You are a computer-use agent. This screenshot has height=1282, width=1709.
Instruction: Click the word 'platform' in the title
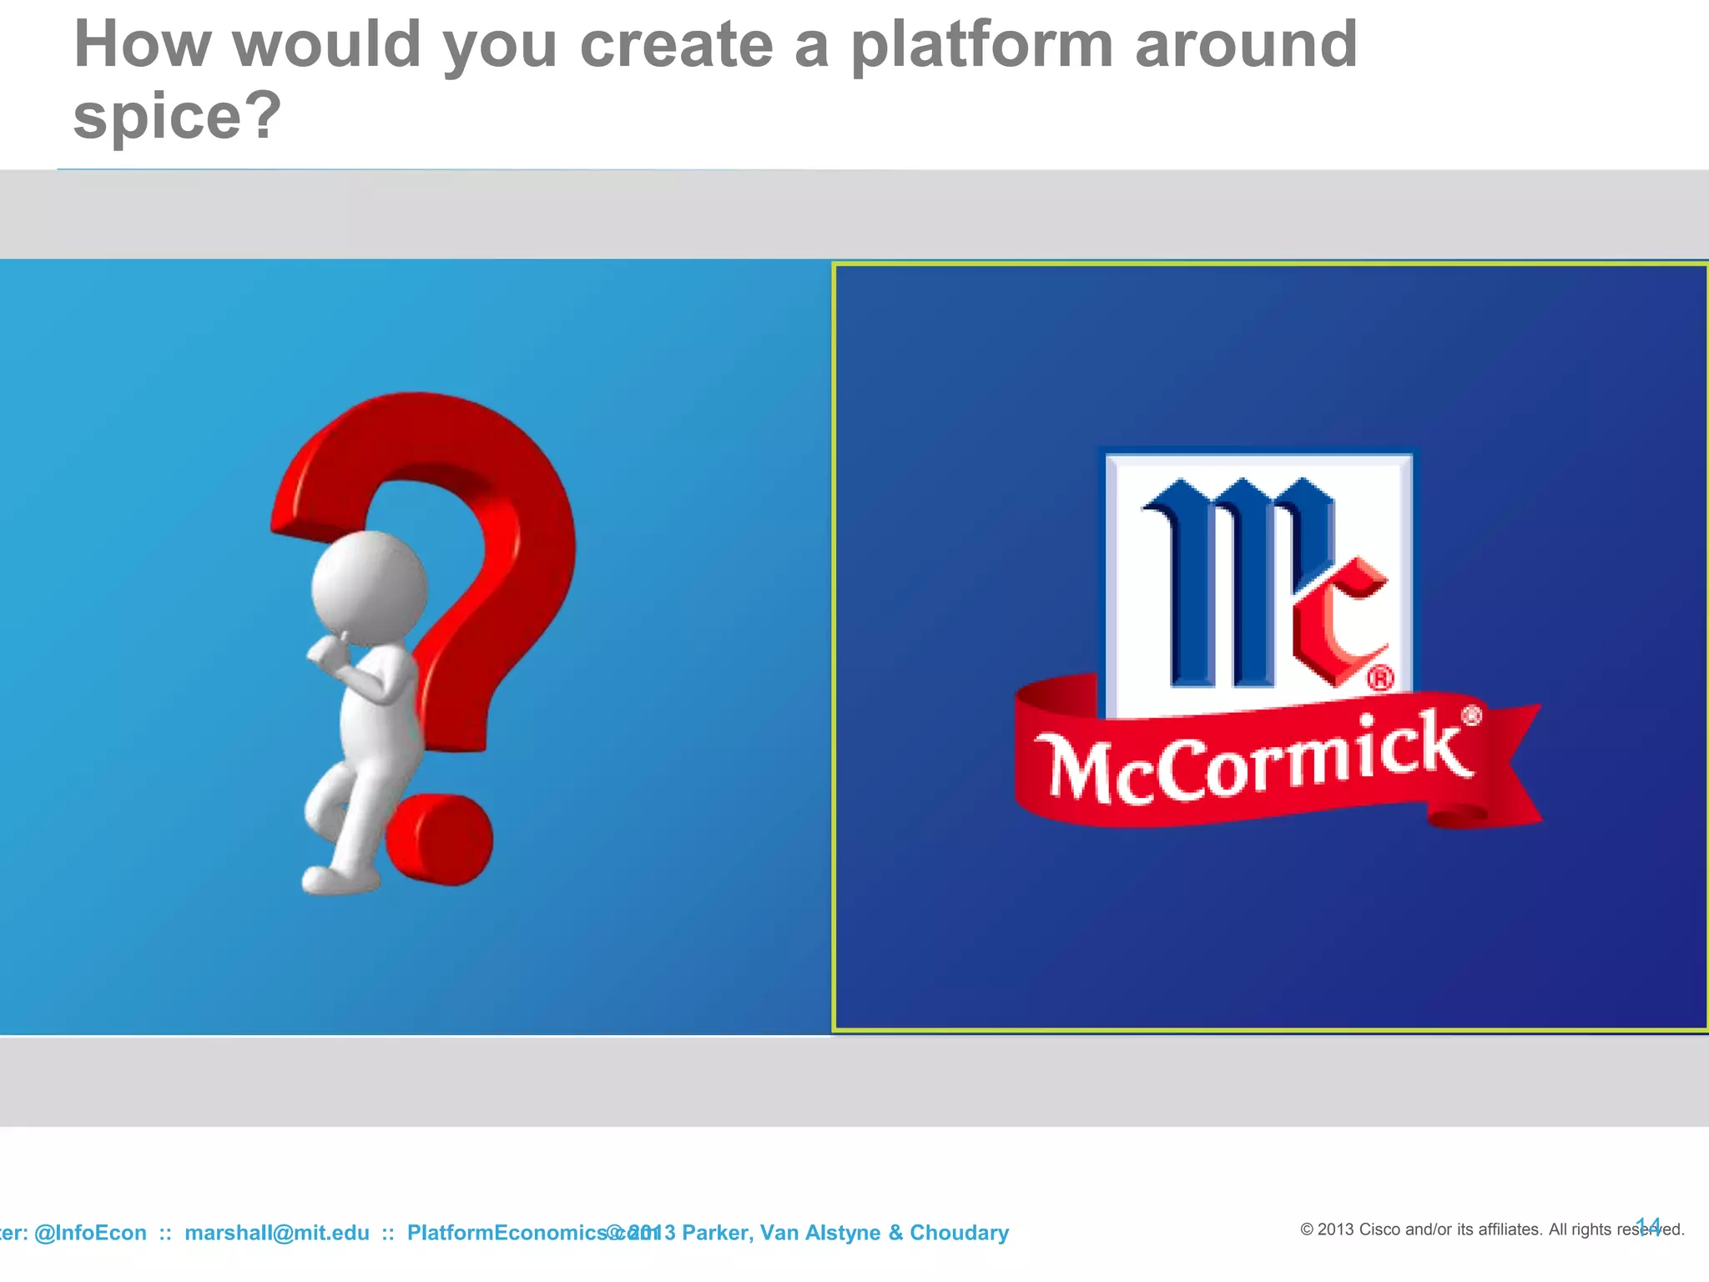[x=981, y=46]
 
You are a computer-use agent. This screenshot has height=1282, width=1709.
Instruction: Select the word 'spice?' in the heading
[x=177, y=116]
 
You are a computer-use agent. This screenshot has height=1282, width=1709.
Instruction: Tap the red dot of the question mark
[x=440, y=839]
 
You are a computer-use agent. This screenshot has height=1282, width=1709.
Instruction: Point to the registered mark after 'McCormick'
[x=1471, y=715]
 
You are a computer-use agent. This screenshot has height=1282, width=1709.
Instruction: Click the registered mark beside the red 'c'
[x=1380, y=678]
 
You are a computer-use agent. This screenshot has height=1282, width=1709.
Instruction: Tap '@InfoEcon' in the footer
[x=90, y=1233]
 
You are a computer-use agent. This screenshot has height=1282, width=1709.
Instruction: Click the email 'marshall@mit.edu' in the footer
[x=276, y=1233]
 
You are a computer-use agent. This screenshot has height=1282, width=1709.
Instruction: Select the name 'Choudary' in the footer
[x=959, y=1233]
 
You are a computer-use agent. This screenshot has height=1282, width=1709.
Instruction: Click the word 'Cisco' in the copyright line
[x=1381, y=1229]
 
